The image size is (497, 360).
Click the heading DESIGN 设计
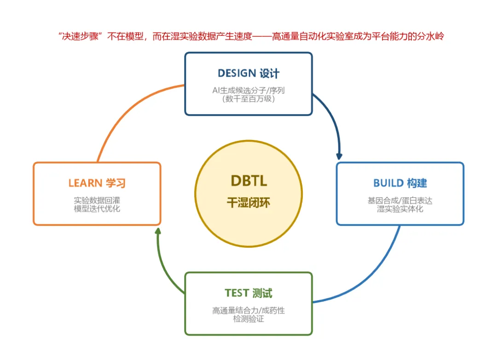coord(248,73)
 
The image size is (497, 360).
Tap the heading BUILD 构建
coord(400,183)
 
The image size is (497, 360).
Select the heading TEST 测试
coord(248,293)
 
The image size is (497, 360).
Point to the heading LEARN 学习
coord(97,183)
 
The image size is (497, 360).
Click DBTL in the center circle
coord(249,181)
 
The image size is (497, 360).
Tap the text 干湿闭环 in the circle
coord(248,203)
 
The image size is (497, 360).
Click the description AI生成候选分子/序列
coord(248,90)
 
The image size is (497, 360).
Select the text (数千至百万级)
coord(248,99)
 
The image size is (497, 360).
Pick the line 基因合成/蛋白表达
coord(400,200)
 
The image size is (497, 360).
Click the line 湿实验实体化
coord(400,209)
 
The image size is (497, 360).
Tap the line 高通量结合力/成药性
coord(248,311)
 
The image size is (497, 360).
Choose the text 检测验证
coord(248,319)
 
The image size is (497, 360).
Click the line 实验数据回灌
coord(97,200)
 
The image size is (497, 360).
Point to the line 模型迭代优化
coord(97,209)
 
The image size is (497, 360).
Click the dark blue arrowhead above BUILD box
coord(339,157)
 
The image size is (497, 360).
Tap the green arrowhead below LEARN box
coord(158,231)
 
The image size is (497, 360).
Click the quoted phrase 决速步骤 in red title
coord(80,36)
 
